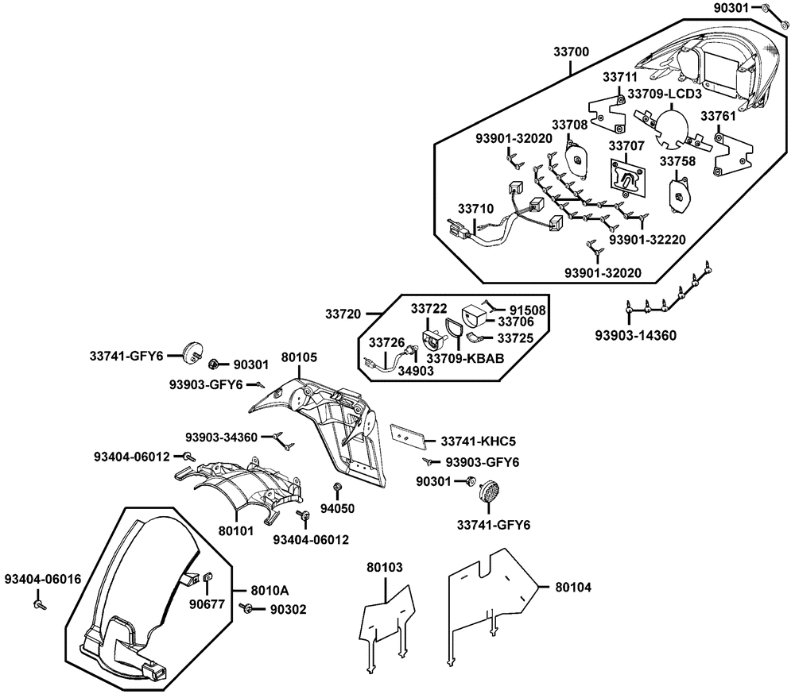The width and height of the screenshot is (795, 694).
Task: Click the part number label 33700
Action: click(x=571, y=52)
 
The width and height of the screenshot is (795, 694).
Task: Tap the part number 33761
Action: click(x=717, y=117)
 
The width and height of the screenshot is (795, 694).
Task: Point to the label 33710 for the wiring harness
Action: click(x=475, y=208)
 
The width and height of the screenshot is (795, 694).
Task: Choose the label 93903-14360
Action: click(x=636, y=335)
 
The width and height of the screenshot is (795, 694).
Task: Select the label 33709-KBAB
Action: click(x=465, y=358)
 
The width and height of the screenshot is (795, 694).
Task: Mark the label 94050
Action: click(x=336, y=508)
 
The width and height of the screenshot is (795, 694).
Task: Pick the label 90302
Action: click(x=286, y=609)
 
